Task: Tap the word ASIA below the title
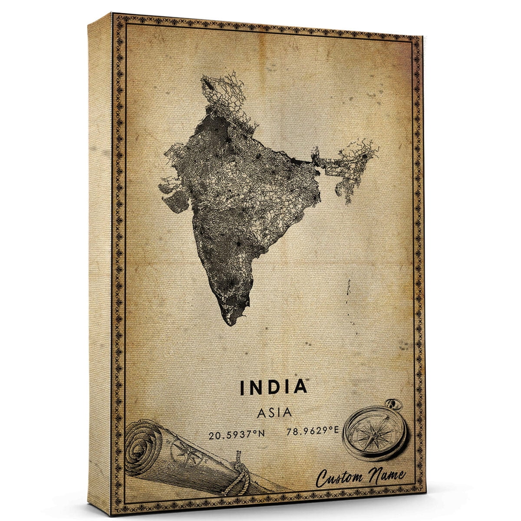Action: (274, 412)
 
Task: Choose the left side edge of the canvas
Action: (100, 260)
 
